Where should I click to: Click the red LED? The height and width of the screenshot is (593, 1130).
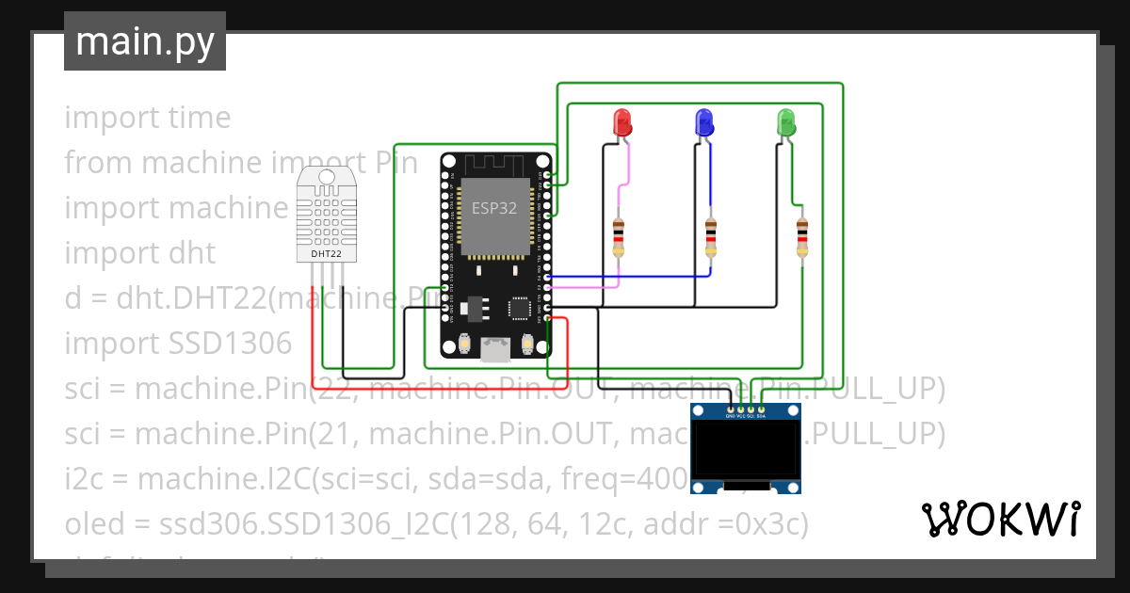[621, 122]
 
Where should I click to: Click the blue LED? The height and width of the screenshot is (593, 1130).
[702, 122]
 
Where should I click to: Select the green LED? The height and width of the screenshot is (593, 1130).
[785, 122]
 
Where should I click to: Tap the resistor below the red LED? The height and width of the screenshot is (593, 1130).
[619, 237]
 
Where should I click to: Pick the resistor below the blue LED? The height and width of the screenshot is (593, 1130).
[712, 237]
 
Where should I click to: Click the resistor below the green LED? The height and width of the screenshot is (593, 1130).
[801, 237]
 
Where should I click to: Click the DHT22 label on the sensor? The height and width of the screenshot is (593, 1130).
[319, 253]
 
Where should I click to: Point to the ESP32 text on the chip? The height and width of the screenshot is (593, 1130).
[493, 209]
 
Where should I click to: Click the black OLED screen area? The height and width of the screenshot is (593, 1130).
[746, 450]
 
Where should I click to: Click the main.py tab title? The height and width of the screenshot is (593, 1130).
[144, 42]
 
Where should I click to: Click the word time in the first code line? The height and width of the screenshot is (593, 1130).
[199, 118]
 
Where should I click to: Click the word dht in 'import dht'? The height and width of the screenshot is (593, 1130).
[191, 253]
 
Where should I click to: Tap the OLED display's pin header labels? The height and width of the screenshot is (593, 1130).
[746, 417]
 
